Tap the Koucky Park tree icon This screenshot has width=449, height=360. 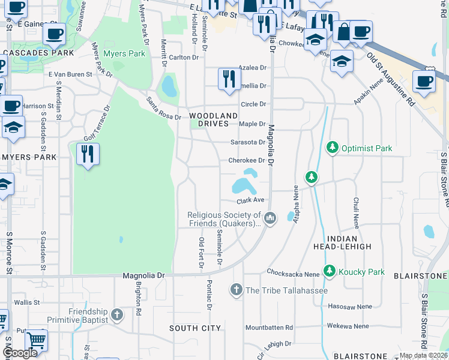point(329,271)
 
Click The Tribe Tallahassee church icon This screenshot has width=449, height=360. point(237,290)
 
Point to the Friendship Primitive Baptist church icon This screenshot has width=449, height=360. point(117,314)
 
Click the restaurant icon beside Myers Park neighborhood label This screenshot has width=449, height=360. point(88,154)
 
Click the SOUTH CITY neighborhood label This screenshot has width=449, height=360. point(195,328)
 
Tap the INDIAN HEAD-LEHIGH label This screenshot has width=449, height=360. point(342,242)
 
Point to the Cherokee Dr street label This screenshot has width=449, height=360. point(246,160)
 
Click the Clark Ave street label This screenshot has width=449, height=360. point(250,200)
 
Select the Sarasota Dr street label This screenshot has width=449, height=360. point(248,142)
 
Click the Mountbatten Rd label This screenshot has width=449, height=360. point(269,328)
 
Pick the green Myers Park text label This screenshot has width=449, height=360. point(124,53)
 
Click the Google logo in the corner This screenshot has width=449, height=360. point(20,353)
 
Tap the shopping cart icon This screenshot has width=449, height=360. point(37,340)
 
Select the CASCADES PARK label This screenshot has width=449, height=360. point(37,53)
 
